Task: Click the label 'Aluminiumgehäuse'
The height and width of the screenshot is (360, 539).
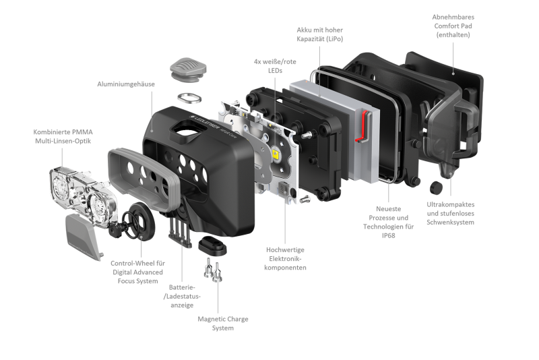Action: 126,84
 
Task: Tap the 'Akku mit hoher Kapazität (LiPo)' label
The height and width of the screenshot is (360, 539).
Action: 319,34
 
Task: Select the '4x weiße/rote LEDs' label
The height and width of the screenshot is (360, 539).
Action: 275,66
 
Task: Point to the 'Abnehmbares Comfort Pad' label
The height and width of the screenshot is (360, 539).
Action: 453,26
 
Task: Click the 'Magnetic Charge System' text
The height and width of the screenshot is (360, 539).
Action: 223,324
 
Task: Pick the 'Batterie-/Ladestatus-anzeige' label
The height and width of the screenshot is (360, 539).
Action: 182,296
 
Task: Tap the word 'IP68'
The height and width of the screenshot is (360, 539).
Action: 389,236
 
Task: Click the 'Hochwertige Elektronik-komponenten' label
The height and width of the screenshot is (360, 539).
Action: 285,259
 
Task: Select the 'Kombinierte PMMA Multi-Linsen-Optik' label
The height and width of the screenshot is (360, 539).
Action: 63,136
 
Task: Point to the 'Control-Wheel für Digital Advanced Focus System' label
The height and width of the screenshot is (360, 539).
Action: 137,272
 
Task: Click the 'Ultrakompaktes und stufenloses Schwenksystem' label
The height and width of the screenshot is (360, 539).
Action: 450,213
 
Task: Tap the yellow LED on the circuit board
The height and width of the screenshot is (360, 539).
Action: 276,153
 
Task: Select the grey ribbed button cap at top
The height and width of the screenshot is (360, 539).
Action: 188,69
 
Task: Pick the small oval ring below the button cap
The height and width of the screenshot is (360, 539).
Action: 189,98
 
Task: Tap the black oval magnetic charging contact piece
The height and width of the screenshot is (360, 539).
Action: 212,245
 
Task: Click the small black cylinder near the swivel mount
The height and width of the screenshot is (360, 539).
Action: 436,187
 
